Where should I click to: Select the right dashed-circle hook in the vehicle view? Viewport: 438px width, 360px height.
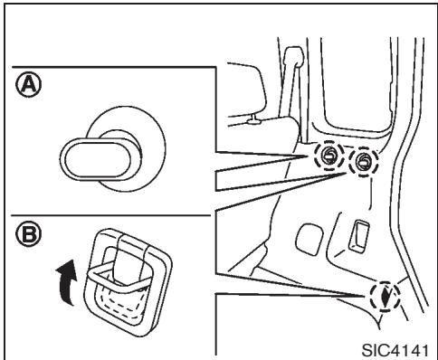point(364,162)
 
